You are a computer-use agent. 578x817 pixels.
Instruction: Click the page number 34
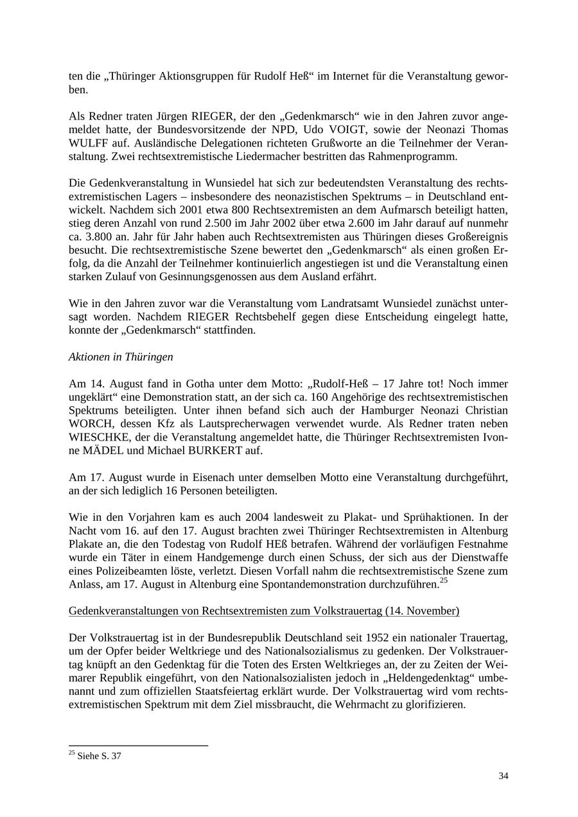tap(503, 776)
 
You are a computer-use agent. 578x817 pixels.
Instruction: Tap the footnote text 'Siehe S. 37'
tap(98, 756)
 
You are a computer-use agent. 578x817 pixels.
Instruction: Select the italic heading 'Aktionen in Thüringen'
tap(121, 356)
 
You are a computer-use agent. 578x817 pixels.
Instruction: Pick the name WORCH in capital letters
tap(89, 424)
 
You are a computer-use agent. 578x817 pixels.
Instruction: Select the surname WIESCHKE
tap(98, 437)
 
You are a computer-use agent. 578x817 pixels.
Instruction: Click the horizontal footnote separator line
tap(138, 746)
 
